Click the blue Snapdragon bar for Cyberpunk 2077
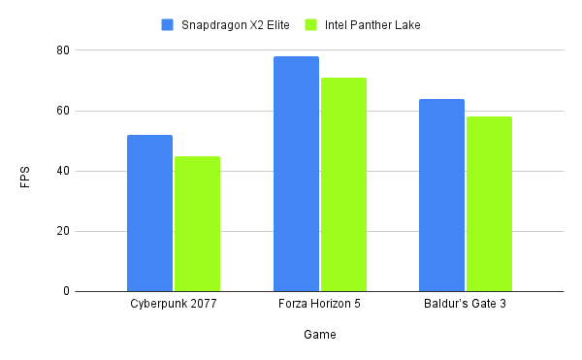click(x=149, y=213)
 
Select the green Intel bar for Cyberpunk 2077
click(x=197, y=224)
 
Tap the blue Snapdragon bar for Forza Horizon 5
click(x=296, y=174)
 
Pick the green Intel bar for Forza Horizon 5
click(x=343, y=184)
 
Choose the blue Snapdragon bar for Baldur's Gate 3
click(x=441, y=195)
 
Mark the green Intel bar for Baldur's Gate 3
click(x=489, y=204)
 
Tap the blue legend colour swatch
click(x=167, y=23)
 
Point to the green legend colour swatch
click(x=310, y=23)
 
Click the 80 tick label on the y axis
click(x=62, y=50)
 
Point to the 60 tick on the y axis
click(x=62, y=111)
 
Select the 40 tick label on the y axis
click(x=62, y=171)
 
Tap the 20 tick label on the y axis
click(x=62, y=231)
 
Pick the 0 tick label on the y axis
click(x=66, y=291)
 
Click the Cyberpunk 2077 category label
click(x=173, y=305)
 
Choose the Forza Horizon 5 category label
click(x=319, y=305)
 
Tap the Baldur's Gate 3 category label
click(x=465, y=305)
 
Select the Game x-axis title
click(x=319, y=335)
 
